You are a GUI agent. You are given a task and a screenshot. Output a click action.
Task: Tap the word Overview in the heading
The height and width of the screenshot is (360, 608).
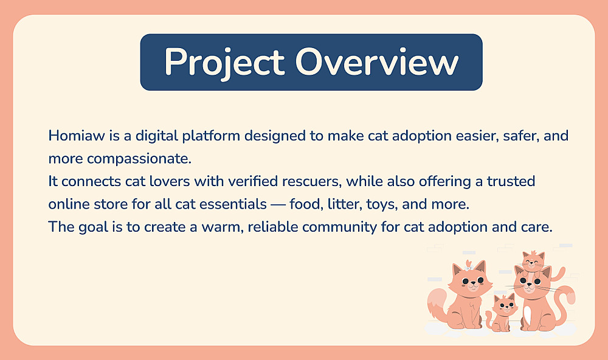[x=377, y=61]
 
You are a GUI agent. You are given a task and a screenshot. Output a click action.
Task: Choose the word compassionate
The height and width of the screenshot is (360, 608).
[x=139, y=159]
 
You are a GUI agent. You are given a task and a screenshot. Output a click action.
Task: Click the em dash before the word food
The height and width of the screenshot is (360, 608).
[x=278, y=204]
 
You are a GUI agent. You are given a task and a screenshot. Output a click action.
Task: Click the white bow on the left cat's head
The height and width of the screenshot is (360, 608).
[x=468, y=268]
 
